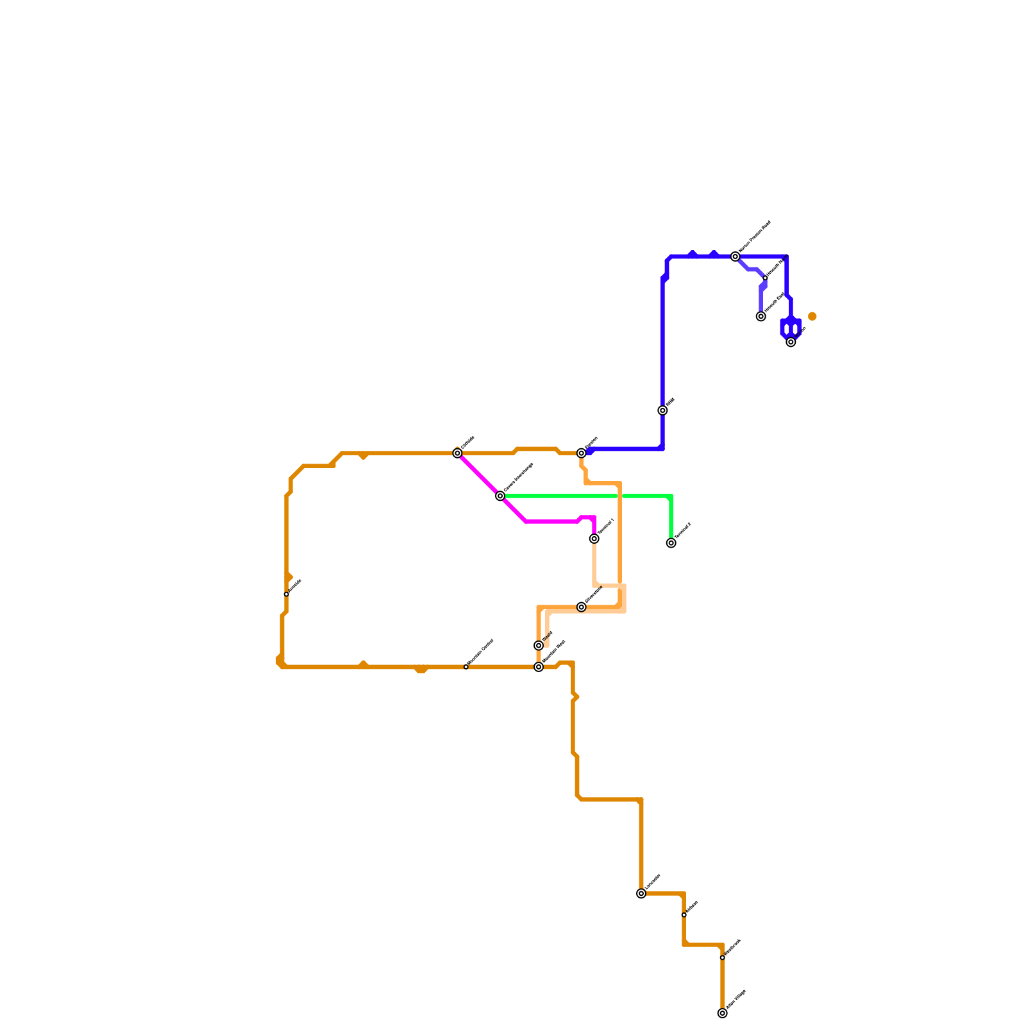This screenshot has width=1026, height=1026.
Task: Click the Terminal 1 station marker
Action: coord(594,539)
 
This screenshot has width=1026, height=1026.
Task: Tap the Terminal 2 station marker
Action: coord(671,543)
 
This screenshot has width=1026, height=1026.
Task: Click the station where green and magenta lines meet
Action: coord(500,496)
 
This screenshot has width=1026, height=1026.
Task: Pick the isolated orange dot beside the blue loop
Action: coord(812,316)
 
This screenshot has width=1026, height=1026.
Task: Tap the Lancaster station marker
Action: coord(641,893)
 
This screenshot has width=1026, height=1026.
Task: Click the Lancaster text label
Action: coord(653,881)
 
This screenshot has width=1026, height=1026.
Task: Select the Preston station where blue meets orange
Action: coord(582,453)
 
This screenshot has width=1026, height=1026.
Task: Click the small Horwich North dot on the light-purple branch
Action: coord(765,278)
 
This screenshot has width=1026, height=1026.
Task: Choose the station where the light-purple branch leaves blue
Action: coord(736,256)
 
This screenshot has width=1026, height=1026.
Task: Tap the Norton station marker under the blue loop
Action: coord(791,342)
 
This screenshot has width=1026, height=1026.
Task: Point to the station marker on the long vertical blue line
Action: coord(662,410)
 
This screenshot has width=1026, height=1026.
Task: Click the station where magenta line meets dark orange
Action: coord(457,453)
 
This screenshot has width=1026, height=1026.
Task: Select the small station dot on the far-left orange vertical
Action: coord(286,594)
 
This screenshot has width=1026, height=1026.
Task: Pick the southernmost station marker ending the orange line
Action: coord(723,1013)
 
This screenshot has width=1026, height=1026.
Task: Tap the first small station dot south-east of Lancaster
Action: coord(684,914)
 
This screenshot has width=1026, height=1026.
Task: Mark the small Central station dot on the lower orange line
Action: coord(466,667)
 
